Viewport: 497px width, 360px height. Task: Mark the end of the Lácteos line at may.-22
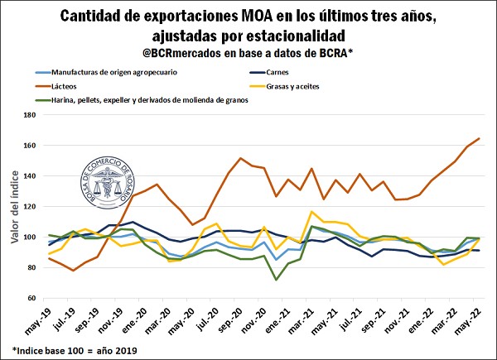[479, 138]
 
